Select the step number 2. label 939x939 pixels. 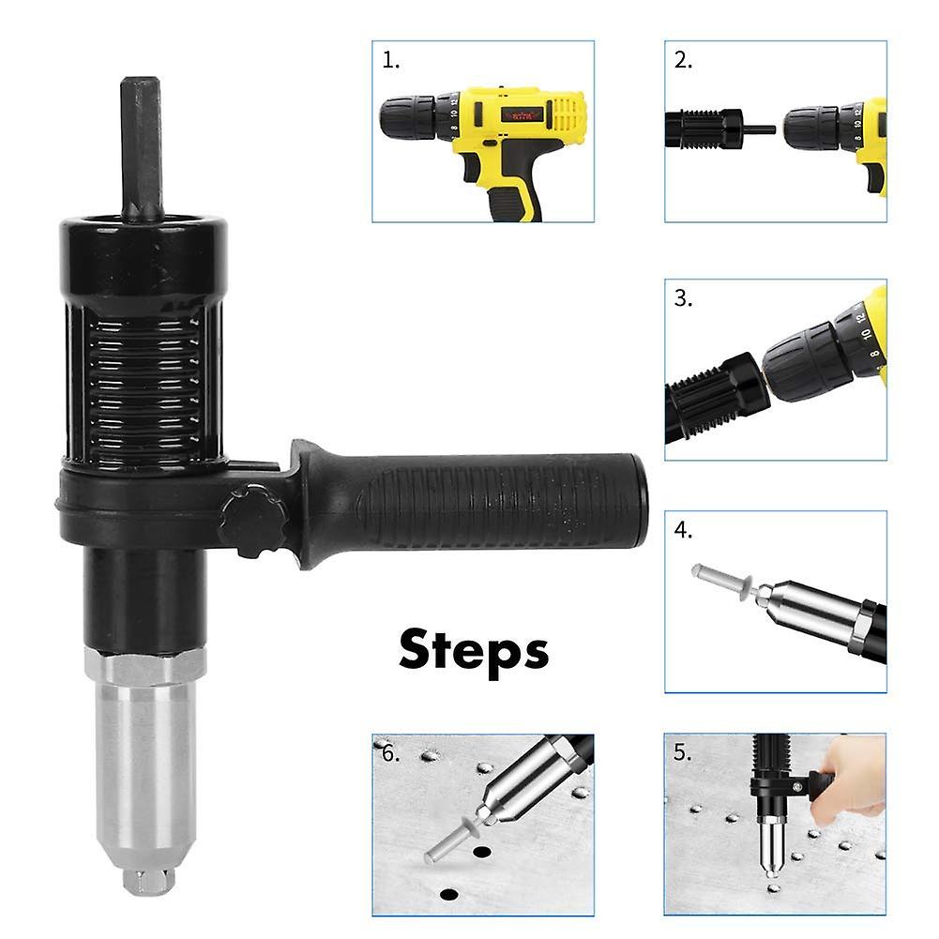(683, 61)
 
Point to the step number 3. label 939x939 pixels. (683, 298)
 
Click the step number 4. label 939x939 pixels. (683, 530)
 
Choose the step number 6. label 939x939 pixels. (390, 754)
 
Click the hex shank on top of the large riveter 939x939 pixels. (141, 145)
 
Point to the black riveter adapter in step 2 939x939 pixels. (704, 129)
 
